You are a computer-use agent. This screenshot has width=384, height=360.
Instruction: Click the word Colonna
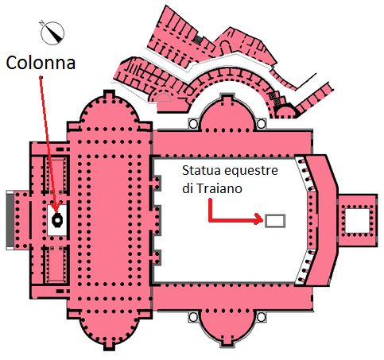coord(41,63)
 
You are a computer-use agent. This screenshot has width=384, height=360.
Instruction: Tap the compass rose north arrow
coord(52,33)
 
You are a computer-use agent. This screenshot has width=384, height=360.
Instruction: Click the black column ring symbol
coord(57,219)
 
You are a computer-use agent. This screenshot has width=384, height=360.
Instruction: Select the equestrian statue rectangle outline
coord(275,221)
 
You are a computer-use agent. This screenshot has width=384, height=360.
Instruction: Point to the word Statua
coord(198,170)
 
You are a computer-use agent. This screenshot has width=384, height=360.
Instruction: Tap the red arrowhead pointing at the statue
coord(258,219)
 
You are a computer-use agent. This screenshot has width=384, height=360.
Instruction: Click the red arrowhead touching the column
coord(56,208)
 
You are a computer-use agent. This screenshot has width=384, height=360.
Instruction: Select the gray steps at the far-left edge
coord(10,219)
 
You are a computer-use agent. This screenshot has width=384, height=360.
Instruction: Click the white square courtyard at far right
coord(357,220)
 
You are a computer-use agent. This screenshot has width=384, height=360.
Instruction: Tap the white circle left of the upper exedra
coord(193,124)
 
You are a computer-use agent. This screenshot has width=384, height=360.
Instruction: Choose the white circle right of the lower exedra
coord(262,317)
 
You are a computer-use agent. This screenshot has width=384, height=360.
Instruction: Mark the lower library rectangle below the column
coord(56,265)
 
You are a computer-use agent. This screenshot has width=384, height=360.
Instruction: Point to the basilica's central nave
coord(110,220)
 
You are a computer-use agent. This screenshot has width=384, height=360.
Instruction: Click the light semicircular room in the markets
coord(164,98)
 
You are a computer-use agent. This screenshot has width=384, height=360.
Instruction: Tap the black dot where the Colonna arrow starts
coord(41,77)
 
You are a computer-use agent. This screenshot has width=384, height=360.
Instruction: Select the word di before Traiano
coord(187,188)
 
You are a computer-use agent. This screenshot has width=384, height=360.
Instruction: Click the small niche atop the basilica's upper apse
coord(109,93)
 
